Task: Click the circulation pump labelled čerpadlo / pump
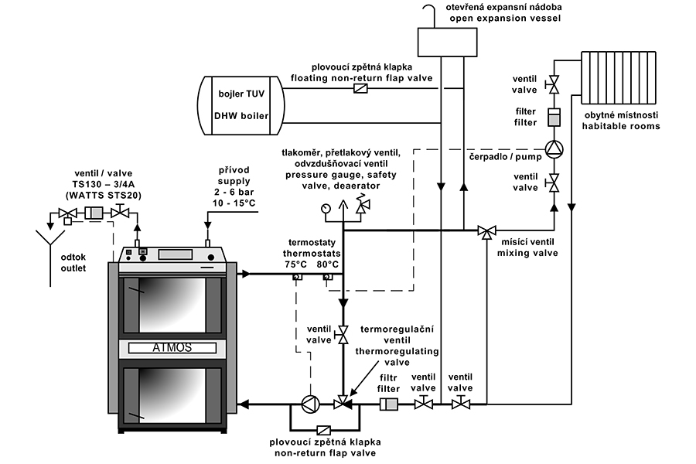point(552,148)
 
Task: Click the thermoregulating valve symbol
point(341,404)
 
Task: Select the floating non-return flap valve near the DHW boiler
point(360,89)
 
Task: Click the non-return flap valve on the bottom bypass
point(325,431)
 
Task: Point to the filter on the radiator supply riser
point(552,118)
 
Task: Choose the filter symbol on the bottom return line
point(388,404)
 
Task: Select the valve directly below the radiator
point(552,83)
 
